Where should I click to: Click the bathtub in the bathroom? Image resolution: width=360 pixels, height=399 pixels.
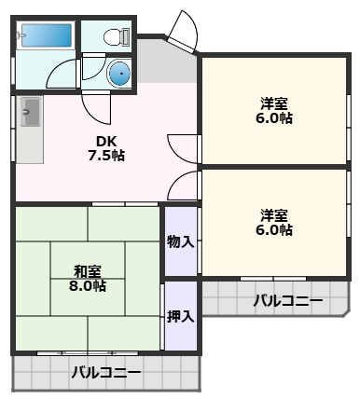tap(46, 35)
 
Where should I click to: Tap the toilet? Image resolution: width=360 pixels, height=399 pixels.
tap(117, 36)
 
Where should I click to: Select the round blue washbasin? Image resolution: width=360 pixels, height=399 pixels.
tap(119, 74)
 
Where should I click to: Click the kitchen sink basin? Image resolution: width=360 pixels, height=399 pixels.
tap(31, 112)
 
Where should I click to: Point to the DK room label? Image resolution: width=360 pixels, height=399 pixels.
tap(106, 142)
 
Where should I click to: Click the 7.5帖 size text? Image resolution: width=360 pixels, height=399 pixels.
tap(106, 155)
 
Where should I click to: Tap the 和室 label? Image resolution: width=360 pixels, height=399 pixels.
tap(88, 272)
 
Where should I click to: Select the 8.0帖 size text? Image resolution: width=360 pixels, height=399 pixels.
tap(88, 285)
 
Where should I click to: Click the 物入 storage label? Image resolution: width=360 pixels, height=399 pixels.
tap(181, 241)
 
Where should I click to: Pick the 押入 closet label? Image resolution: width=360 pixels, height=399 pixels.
tap(181, 316)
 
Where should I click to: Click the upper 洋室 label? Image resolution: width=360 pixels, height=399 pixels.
tap(274, 103)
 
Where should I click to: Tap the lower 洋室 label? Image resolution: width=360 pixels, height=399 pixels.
tap(274, 214)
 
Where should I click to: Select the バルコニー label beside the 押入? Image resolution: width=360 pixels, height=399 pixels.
tap(288, 301)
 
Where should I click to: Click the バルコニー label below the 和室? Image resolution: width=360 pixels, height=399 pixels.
tap(106, 372)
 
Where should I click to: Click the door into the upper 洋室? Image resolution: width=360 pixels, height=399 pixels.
tap(184, 149)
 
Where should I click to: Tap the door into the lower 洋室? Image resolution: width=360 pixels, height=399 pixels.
tap(184, 186)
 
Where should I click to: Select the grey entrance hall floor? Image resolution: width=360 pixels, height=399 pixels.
tap(168, 63)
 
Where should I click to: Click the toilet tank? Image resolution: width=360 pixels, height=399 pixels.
tap(126, 36)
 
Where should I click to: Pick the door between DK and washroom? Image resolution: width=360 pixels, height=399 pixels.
tap(97, 107)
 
